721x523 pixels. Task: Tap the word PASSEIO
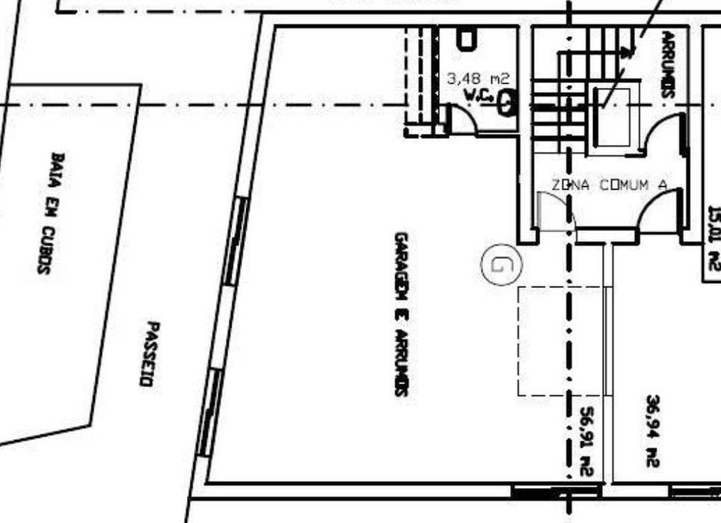tap(150, 354)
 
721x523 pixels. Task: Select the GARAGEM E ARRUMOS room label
tap(401, 314)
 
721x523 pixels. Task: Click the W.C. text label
tap(476, 95)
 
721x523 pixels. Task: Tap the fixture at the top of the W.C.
tap(466, 39)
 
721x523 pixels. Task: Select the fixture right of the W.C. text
tap(506, 103)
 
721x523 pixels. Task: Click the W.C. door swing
tap(461, 120)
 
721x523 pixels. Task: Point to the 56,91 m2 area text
tap(586, 441)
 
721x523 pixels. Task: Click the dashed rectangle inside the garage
tap(560, 340)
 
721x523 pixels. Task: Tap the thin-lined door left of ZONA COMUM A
tap(552, 212)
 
